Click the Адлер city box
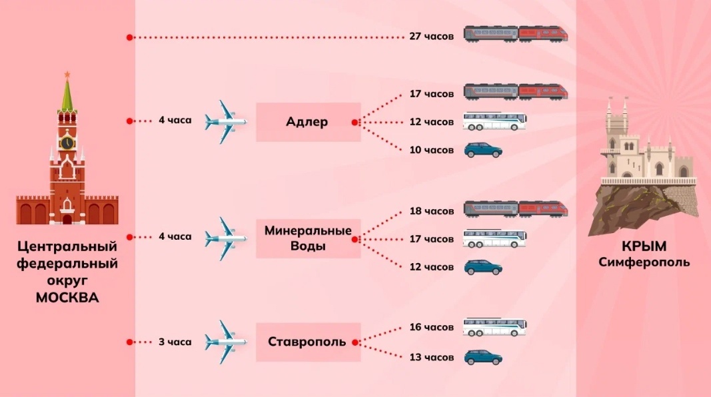[308, 122]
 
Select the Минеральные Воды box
[308, 238]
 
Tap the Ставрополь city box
[308, 342]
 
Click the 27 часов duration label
[432, 37]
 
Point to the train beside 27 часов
[516, 34]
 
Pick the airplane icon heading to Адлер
[226, 121]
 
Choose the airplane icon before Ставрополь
[226, 342]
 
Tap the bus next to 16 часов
[494, 327]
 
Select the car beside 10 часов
[483, 151]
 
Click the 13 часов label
[432, 358]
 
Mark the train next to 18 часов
[516, 209]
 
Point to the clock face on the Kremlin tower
[67, 143]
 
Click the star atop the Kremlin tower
[67, 74]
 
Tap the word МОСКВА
[67, 298]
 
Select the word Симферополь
[644, 262]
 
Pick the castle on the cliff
[643, 150]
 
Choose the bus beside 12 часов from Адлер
[494, 122]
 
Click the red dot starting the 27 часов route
[129, 37]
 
